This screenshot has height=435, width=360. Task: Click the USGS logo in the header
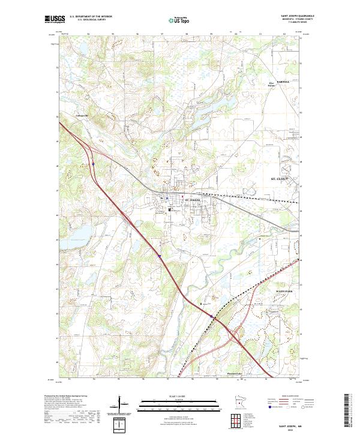point(53,20)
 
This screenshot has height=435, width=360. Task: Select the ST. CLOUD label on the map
point(280,179)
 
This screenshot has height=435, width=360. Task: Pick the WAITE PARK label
point(284,291)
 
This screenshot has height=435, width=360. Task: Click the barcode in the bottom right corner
point(347,411)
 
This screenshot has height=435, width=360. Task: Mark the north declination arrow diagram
point(121,405)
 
